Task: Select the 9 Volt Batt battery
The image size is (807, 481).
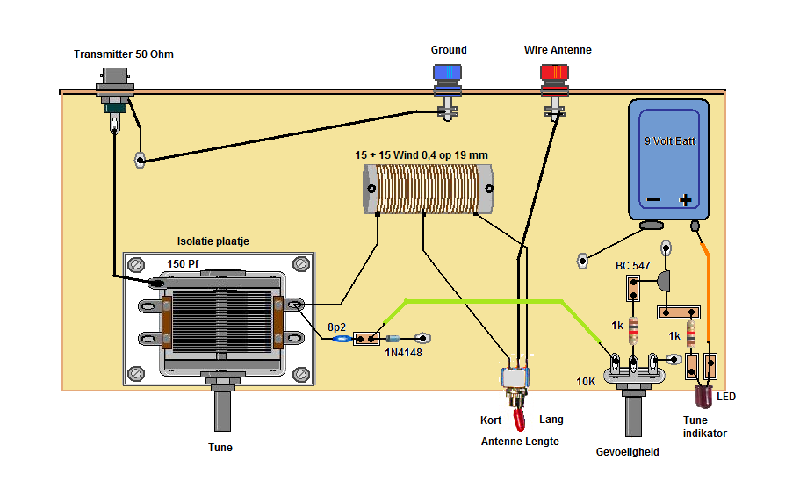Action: click(x=668, y=160)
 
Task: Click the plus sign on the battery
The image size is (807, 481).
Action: click(x=685, y=200)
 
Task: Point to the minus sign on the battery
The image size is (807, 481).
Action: click(x=653, y=199)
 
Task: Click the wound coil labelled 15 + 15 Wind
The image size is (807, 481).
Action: click(x=428, y=189)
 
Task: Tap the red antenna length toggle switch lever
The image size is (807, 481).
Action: click(x=519, y=420)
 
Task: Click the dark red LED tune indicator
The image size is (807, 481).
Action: click(x=703, y=396)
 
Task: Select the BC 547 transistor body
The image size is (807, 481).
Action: click(x=664, y=281)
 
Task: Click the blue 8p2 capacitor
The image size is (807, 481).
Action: click(x=342, y=339)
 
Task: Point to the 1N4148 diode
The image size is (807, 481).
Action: click(x=393, y=339)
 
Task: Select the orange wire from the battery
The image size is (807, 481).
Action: click(x=707, y=296)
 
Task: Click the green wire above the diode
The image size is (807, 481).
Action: click(x=484, y=301)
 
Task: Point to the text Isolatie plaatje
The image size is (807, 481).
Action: click(x=213, y=240)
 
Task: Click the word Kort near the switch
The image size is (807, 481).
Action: click(x=491, y=420)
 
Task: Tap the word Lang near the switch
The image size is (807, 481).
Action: click(x=551, y=420)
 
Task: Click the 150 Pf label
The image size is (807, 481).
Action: click(x=183, y=263)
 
